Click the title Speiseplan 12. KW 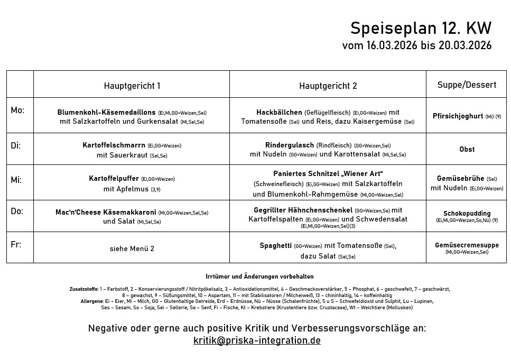[x=421, y=28]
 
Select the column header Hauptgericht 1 [x=132, y=86]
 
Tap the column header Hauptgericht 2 [x=328, y=86]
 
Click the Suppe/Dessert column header [x=467, y=85]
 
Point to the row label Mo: [x=17, y=110]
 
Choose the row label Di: [x=16, y=145]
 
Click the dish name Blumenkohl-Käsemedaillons [x=106, y=113]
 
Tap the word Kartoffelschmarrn [x=114, y=145]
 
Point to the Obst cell [x=467, y=150]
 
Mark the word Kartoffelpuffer [x=114, y=179]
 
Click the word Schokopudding [x=467, y=214]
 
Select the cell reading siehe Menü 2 [x=132, y=248]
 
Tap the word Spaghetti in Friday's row [x=275, y=246]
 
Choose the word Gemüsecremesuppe [x=467, y=245]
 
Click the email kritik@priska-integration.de [x=257, y=340]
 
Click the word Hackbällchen [x=279, y=113]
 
